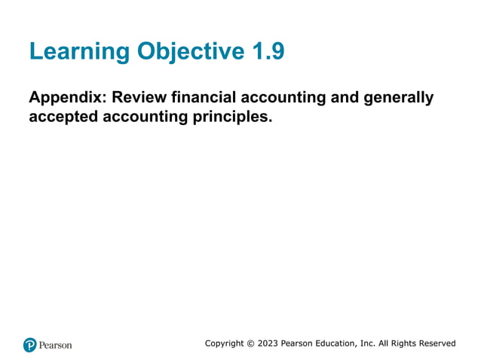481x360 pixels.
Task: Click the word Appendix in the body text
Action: pos(66,98)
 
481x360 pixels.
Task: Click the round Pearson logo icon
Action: pos(30,345)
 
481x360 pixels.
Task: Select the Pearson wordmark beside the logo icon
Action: pos(56,345)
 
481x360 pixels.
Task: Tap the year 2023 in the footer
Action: pos(268,343)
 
